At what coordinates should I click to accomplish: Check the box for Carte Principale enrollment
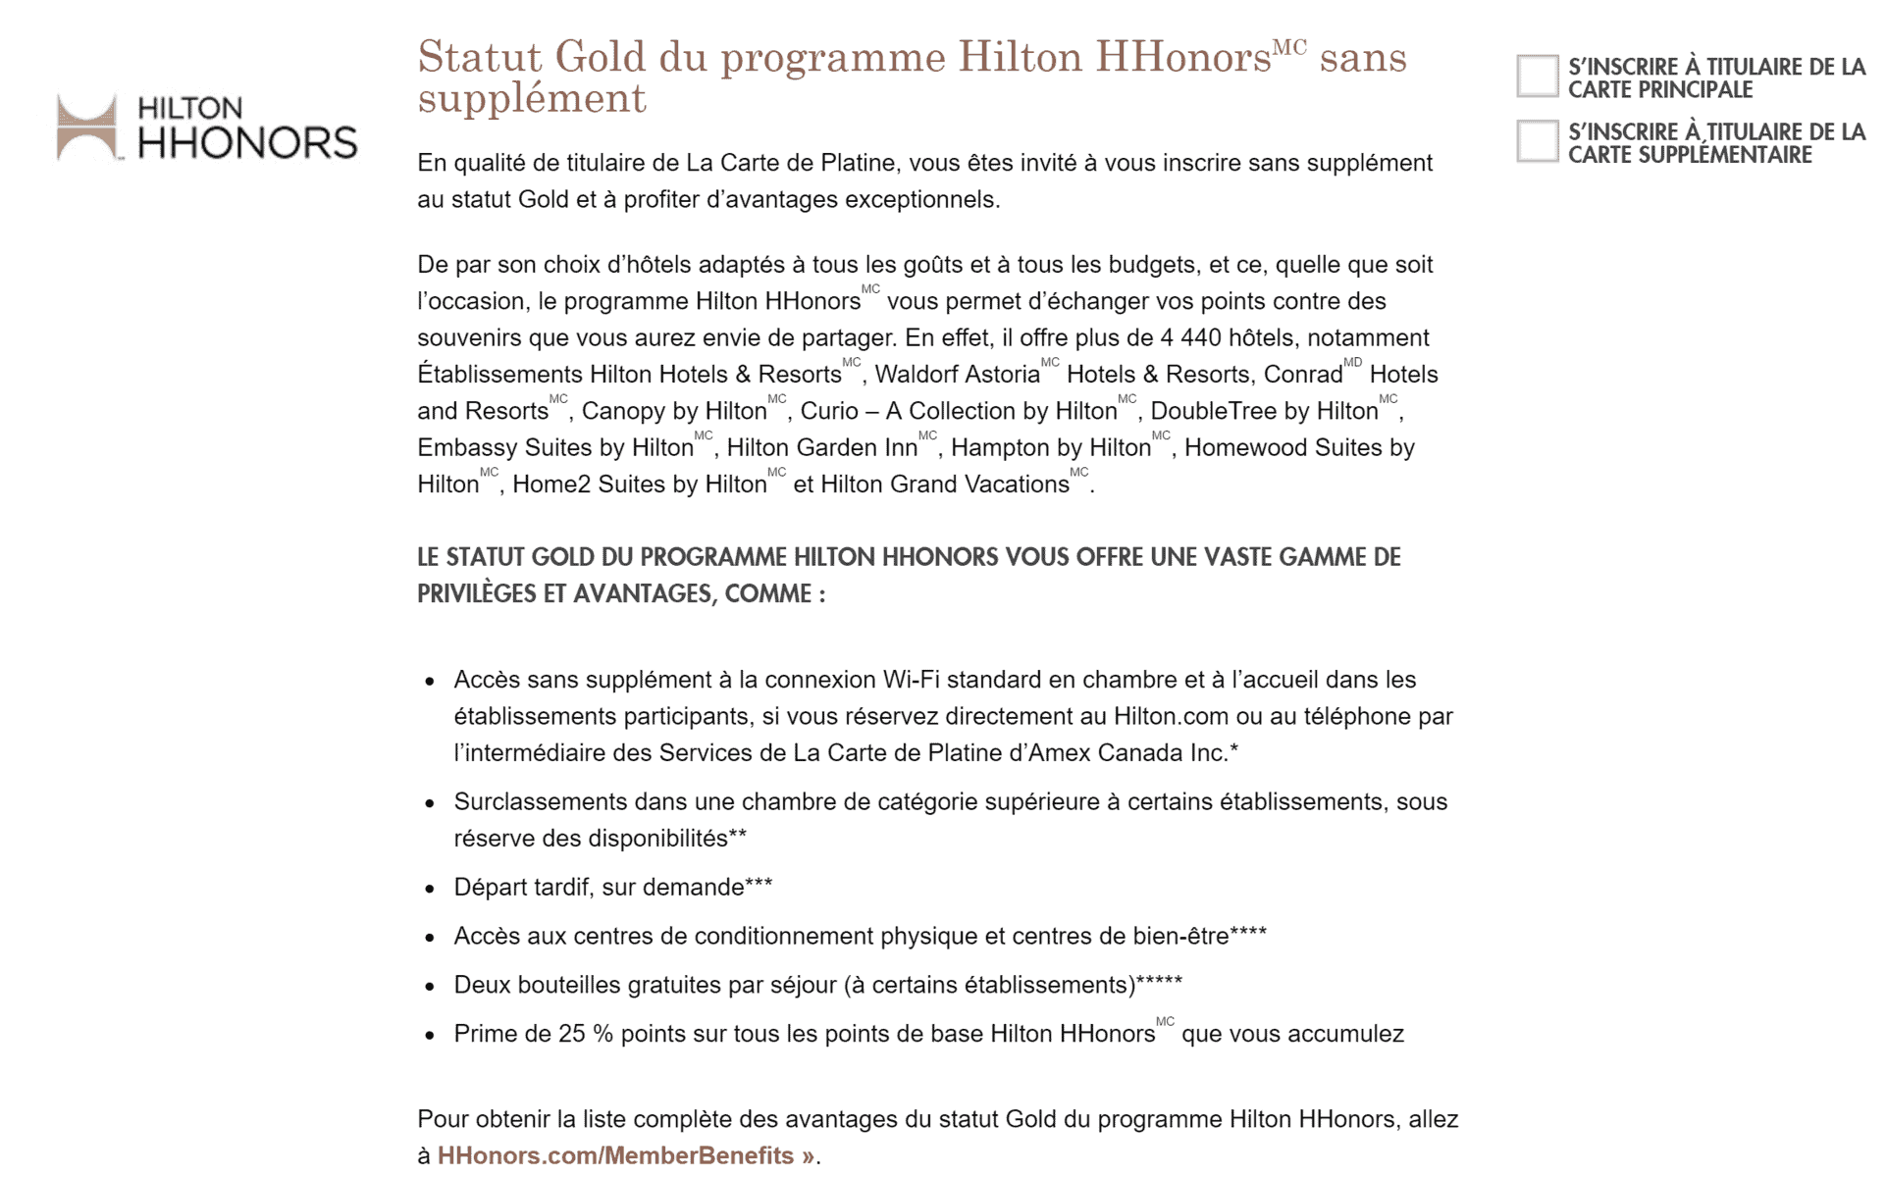point(1536,77)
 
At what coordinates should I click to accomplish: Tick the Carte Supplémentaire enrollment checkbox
point(1536,141)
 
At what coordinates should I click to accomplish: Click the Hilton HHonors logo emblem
point(86,128)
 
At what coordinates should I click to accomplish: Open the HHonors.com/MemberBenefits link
point(625,1155)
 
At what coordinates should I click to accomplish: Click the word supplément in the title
point(532,99)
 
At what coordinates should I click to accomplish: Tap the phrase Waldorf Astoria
point(957,375)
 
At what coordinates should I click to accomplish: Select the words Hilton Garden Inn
point(821,448)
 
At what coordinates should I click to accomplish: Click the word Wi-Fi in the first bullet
point(911,680)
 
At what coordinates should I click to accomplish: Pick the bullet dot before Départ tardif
point(430,889)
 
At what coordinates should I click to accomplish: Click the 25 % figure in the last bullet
point(586,1034)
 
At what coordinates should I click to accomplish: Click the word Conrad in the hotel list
point(1302,375)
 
